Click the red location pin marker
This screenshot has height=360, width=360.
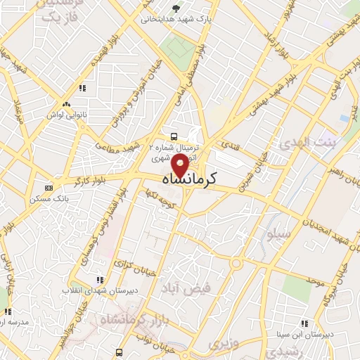point(179,167)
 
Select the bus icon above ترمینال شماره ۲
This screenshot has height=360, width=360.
point(174,136)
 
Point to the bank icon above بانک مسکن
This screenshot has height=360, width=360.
point(49,188)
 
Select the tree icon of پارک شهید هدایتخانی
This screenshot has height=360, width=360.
point(176,8)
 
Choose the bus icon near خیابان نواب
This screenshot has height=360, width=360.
point(120,352)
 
